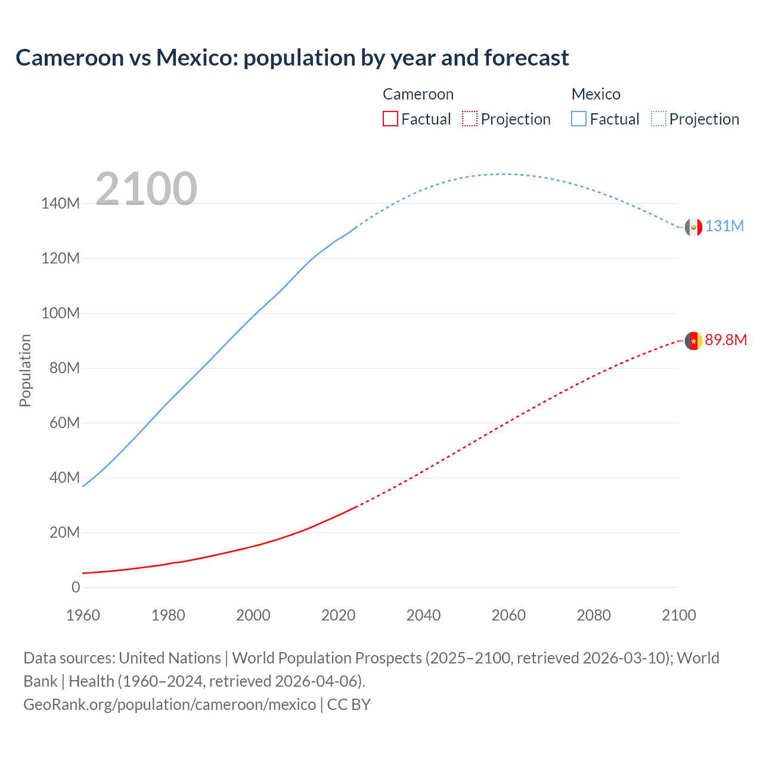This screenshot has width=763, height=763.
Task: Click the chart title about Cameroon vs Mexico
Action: (x=292, y=58)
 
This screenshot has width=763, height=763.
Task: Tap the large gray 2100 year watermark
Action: (x=146, y=189)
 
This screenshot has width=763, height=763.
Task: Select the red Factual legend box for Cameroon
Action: (x=390, y=119)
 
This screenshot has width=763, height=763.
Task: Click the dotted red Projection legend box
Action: (x=470, y=119)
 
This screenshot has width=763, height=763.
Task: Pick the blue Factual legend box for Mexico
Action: (x=579, y=119)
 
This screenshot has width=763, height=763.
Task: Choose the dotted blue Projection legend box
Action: (x=659, y=119)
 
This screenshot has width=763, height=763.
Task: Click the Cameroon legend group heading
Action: (x=418, y=94)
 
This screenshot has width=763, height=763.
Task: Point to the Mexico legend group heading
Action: (x=595, y=94)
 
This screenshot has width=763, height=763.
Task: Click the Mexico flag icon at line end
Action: (x=693, y=227)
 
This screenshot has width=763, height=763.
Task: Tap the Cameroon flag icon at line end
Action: (x=693, y=341)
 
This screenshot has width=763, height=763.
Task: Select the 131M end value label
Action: (x=724, y=227)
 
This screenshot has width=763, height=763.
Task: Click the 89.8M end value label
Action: (x=725, y=340)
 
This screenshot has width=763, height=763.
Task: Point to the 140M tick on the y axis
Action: (x=60, y=203)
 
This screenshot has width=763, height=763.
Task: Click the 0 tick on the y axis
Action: (x=76, y=587)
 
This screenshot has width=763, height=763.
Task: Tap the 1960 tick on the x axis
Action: (x=83, y=615)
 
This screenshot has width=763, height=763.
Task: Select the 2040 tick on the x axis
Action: (x=423, y=615)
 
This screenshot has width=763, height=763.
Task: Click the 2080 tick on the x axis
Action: (x=594, y=615)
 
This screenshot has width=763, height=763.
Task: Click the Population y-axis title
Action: (x=25, y=370)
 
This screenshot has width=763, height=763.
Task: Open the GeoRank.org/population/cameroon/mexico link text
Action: (x=170, y=705)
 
